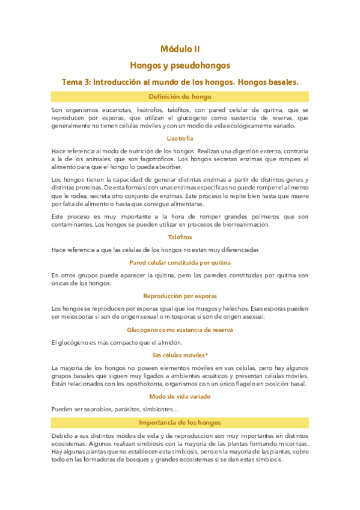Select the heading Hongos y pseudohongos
click(180, 65)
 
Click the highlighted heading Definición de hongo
click(180, 96)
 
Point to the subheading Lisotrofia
click(180, 139)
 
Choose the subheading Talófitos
click(180, 237)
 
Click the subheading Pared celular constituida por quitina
click(180, 262)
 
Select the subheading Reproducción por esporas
click(180, 296)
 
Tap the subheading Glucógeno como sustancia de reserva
click(180, 330)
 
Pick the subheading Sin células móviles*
click(180, 355)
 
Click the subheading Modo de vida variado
click(180, 397)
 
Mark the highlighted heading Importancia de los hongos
click(180, 422)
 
